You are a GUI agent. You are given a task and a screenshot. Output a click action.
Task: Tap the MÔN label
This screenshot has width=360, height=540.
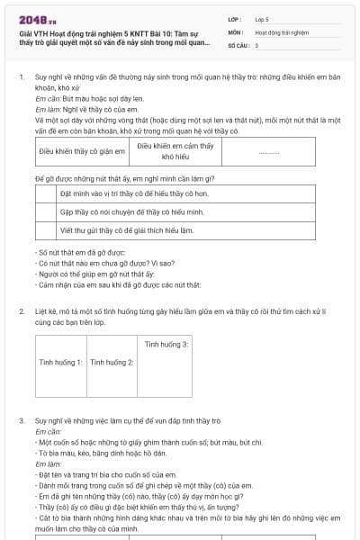pos(235,31)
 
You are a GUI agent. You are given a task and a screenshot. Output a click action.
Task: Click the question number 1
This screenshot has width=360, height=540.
pos(21,79)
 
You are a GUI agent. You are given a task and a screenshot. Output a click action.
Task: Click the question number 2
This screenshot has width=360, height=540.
pos(21,310)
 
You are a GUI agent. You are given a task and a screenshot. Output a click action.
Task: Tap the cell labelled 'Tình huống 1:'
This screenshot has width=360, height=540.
pos(61,362)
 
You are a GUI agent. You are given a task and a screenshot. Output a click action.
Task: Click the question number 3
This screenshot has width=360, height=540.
pos(21,420)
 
